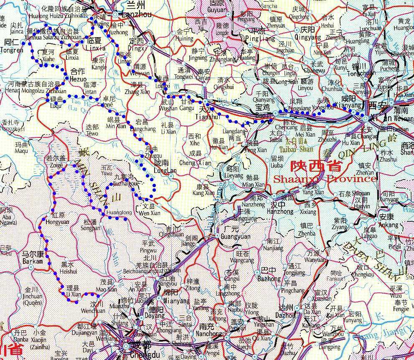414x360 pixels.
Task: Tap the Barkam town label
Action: (33, 261)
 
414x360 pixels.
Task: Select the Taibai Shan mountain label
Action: (299, 148)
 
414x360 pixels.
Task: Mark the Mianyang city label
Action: (171, 299)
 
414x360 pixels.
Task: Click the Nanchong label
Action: (211, 334)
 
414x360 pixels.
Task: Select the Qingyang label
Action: (308, 36)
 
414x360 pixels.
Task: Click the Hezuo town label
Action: (79, 79)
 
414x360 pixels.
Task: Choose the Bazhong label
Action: (269, 279)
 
